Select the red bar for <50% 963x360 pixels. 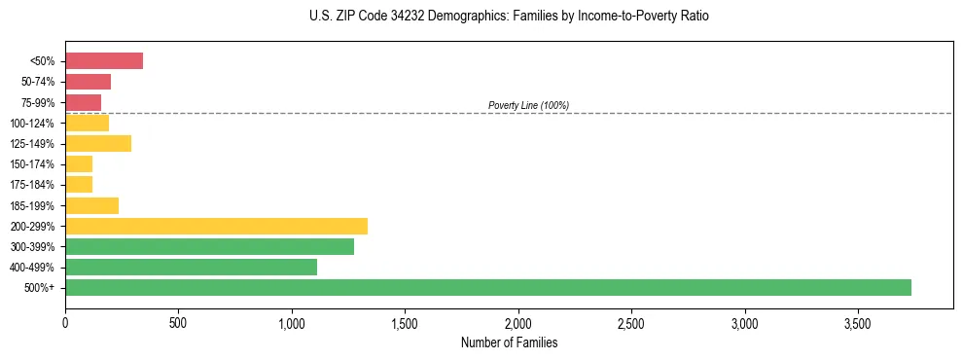coord(104,61)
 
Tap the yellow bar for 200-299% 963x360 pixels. coord(216,226)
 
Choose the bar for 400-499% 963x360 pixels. coord(191,267)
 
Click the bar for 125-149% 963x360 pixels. coord(98,144)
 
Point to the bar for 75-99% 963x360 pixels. coord(83,102)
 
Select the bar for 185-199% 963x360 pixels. coord(91,205)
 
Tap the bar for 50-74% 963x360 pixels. coord(88,82)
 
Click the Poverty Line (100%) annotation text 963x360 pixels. coord(528,105)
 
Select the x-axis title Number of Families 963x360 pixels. coord(510,342)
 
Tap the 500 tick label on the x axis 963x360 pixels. coord(178,322)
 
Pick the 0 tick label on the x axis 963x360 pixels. coord(65,322)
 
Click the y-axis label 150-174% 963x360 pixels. coord(32,164)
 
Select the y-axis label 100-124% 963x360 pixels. coord(32,124)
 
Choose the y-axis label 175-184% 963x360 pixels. coord(32,185)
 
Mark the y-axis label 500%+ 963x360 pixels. coord(40,288)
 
